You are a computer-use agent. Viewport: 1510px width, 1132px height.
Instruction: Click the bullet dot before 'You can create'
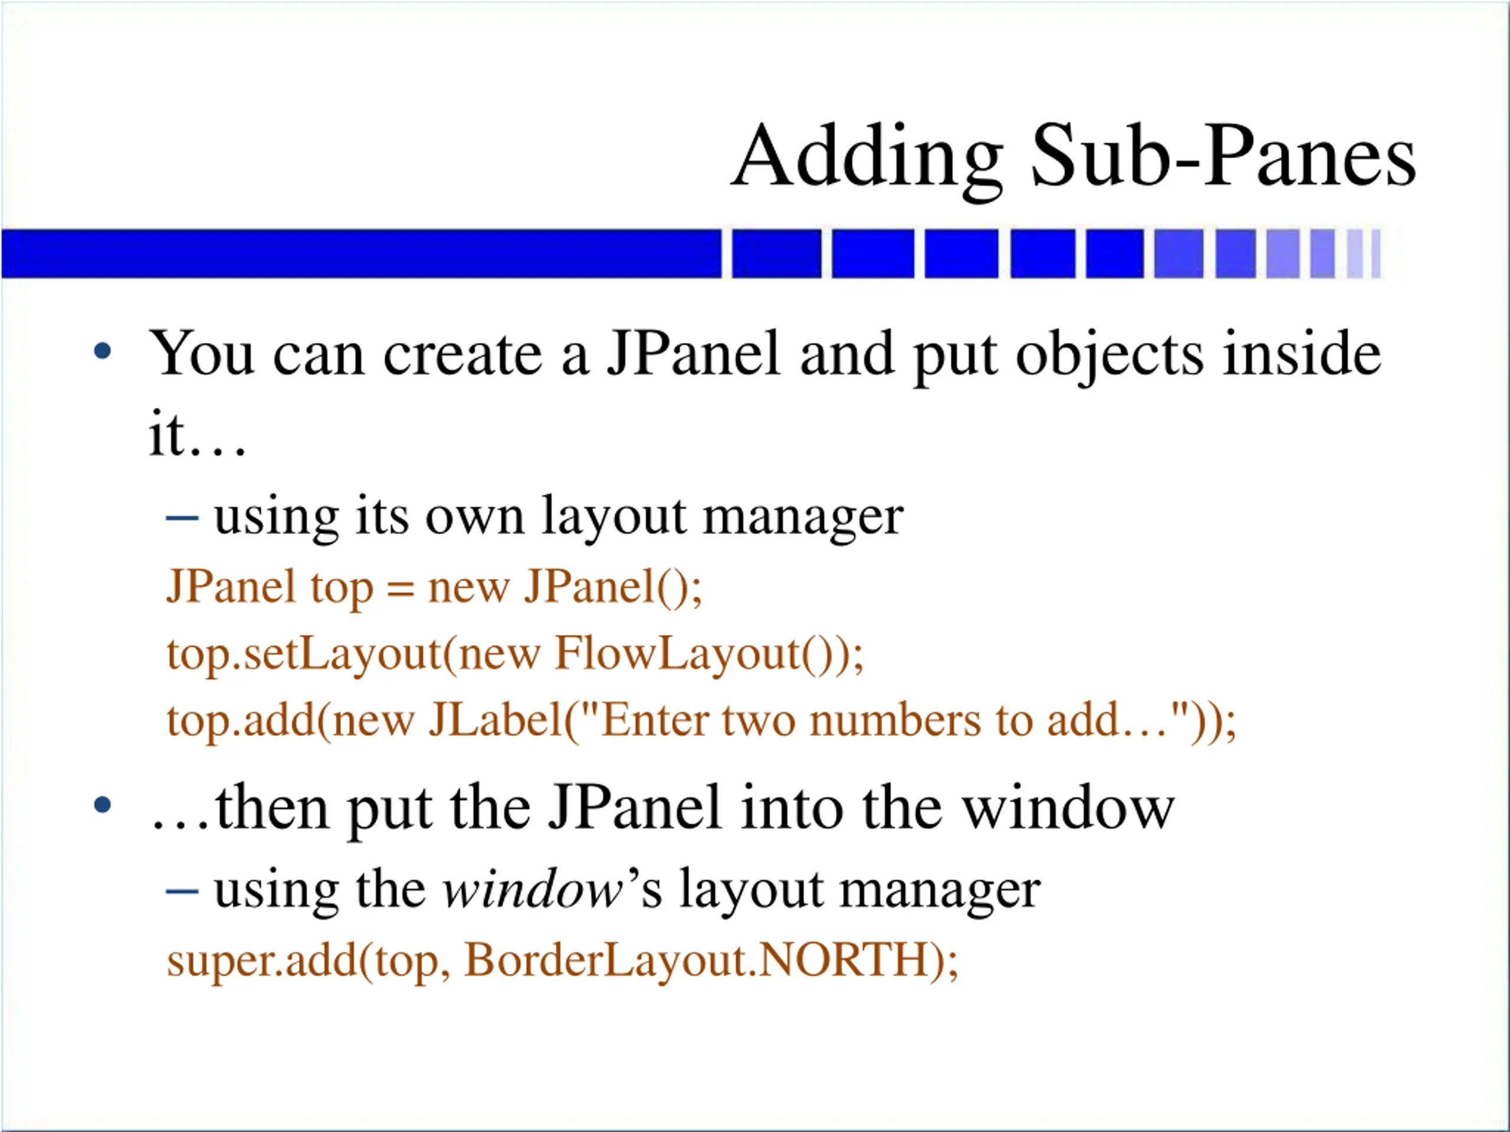click(103, 352)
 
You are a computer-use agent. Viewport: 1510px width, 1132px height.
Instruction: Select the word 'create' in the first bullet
click(462, 355)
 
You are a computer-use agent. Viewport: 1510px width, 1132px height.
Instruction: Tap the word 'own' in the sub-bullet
click(475, 517)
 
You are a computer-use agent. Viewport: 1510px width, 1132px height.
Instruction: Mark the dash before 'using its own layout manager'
click(182, 519)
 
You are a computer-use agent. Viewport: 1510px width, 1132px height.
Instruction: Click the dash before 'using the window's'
click(182, 890)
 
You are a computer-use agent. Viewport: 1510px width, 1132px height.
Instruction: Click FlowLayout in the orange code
click(676, 654)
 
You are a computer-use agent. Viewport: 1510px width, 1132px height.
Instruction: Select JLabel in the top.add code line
click(495, 720)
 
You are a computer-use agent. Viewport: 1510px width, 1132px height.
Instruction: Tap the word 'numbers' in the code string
click(895, 720)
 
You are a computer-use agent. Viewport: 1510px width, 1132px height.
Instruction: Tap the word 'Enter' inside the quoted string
click(655, 720)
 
